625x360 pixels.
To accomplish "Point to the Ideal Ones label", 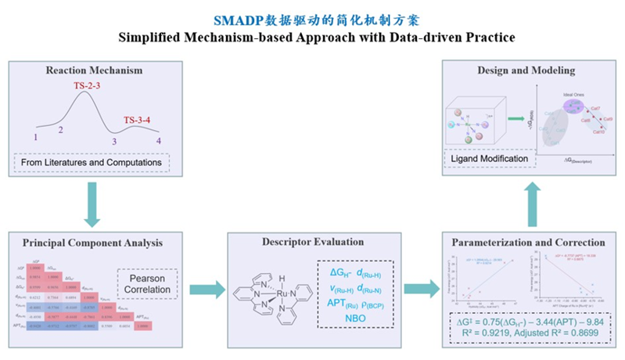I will [x=575, y=94].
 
